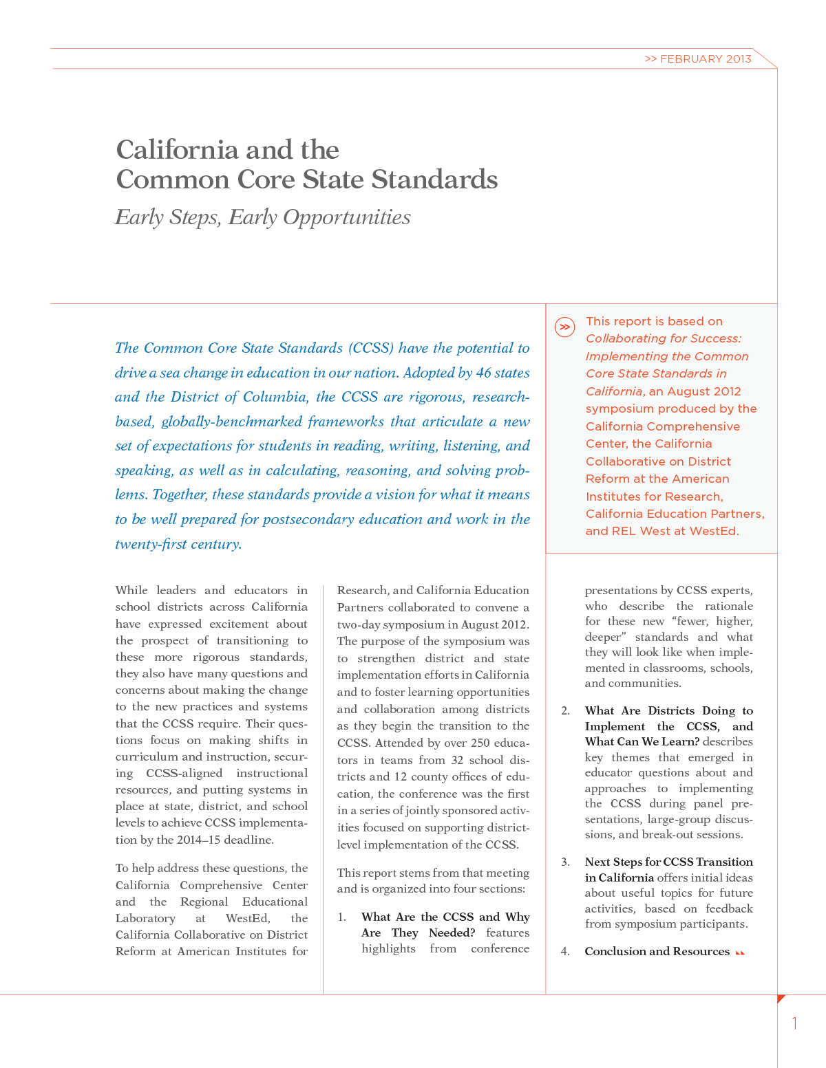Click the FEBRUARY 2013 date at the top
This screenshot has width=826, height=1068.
705,59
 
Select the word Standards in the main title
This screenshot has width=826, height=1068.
434,179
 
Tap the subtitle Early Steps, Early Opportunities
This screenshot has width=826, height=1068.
263,217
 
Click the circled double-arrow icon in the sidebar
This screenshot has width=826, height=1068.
564,327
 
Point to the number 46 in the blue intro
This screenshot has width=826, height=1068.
483,373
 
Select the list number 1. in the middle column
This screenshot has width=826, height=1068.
342,917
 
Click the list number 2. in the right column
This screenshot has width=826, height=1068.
565,710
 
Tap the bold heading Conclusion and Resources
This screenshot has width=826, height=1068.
657,951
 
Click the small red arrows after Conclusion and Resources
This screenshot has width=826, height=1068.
740,952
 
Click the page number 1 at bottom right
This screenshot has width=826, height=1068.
795,1023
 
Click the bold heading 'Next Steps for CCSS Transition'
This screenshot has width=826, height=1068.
668,862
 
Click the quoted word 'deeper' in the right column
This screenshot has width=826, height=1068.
604,637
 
